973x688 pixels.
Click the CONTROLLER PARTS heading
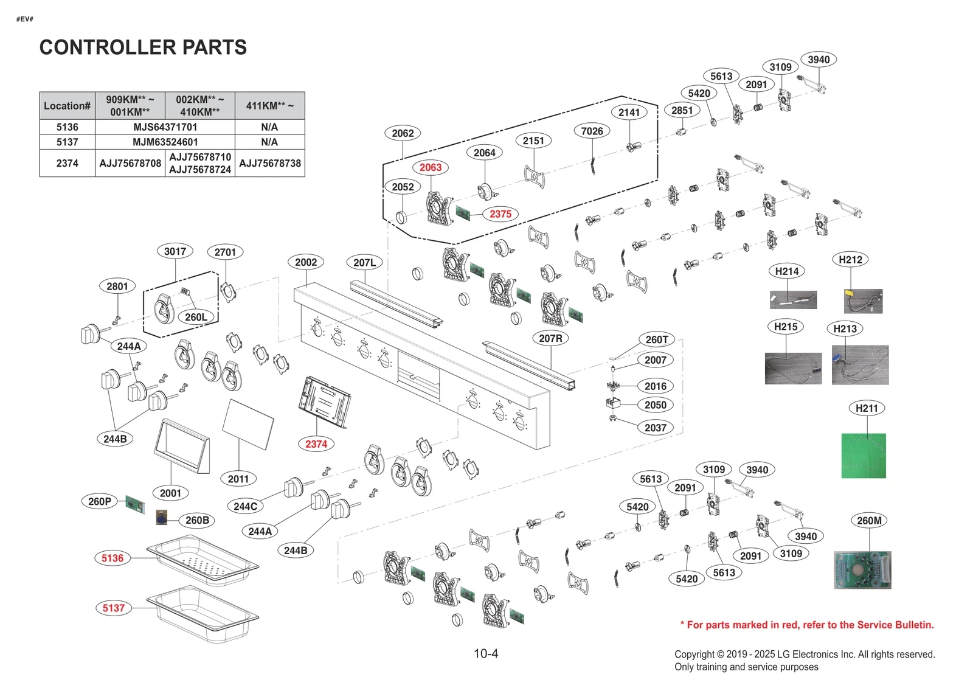pyautogui.click(x=143, y=47)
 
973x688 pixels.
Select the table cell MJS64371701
pyautogui.click(x=165, y=127)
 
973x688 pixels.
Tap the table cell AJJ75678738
pyautogui.click(x=270, y=163)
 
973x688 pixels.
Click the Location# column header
pyautogui.click(x=67, y=106)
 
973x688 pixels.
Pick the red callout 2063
pyautogui.click(x=430, y=167)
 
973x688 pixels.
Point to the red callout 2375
pyautogui.click(x=500, y=214)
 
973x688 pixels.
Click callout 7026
pyautogui.click(x=592, y=131)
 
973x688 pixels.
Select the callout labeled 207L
pyautogui.click(x=364, y=262)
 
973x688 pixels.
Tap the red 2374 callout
pyautogui.click(x=316, y=444)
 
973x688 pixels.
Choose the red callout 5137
pyautogui.click(x=113, y=608)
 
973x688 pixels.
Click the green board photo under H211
pyautogui.click(x=864, y=456)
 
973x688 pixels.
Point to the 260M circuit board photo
pyautogui.click(x=862, y=570)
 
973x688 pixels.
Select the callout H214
pyautogui.click(x=786, y=271)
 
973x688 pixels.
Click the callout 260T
pyautogui.click(x=657, y=339)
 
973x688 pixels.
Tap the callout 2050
pyautogui.click(x=655, y=405)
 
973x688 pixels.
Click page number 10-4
pyautogui.click(x=486, y=654)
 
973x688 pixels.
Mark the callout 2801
pyautogui.click(x=117, y=286)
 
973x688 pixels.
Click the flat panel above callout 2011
pyautogui.click(x=248, y=424)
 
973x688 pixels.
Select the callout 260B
pyautogui.click(x=197, y=520)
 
